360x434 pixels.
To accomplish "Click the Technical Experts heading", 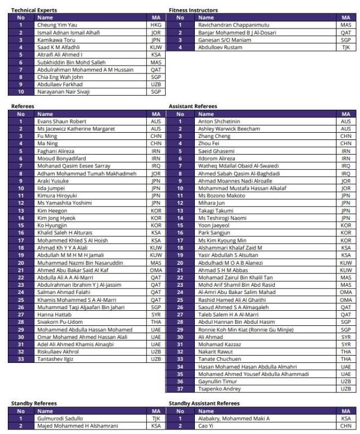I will (x=34, y=11).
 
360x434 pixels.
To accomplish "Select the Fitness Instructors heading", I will (x=193, y=11).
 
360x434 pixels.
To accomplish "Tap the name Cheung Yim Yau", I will (x=57, y=25).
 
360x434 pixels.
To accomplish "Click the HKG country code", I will (x=156, y=25).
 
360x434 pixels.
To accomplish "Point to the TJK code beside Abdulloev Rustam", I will (x=345, y=48).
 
